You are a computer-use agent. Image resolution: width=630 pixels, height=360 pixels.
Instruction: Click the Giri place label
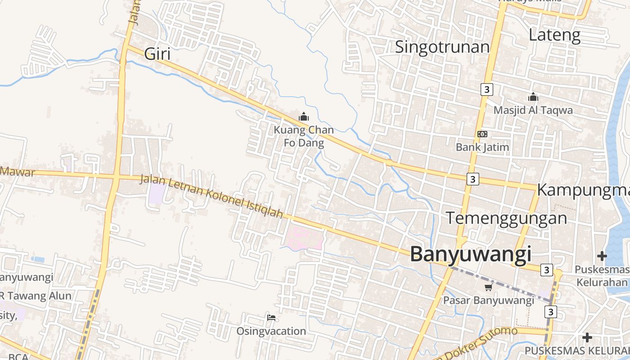tap(157, 54)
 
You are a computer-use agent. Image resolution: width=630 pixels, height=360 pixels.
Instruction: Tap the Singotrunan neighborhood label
tap(442, 47)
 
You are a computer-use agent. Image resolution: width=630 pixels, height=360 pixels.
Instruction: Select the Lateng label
tap(554, 35)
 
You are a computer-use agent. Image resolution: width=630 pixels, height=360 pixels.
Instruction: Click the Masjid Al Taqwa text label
tap(533, 110)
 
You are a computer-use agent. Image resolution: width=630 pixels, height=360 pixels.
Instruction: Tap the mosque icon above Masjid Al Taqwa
tap(533, 97)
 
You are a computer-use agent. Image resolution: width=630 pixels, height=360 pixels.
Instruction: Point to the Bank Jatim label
tap(482, 147)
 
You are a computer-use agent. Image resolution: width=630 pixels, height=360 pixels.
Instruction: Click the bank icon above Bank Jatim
tap(482, 134)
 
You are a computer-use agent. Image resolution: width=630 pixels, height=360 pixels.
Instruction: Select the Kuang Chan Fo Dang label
tap(304, 137)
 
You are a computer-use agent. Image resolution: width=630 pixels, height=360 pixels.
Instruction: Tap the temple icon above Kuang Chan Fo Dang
tap(304, 117)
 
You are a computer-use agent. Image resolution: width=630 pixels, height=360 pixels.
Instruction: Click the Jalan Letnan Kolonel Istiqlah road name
tap(211, 196)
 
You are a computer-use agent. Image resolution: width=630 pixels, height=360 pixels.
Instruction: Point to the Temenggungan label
tap(506, 218)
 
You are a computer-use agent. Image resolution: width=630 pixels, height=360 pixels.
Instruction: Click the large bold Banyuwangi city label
tap(470, 254)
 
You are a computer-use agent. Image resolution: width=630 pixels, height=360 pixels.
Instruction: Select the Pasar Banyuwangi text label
tap(488, 300)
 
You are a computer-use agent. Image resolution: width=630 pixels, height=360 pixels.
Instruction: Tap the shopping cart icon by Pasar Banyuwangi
tap(488, 287)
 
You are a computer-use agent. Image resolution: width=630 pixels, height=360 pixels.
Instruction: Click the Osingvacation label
tap(271, 331)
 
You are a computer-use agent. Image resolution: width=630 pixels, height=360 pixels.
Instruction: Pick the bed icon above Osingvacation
tap(271, 318)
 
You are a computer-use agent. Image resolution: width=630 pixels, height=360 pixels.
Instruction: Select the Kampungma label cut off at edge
tap(583, 190)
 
